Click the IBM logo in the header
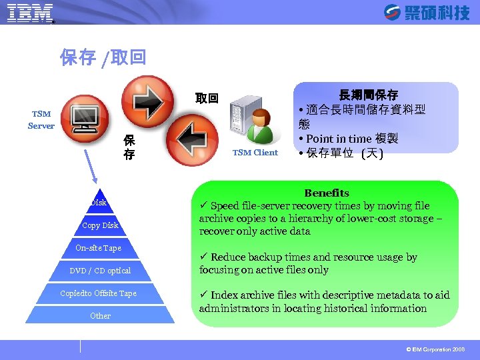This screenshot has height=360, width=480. click(30, 13)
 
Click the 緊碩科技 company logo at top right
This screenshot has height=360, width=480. click(427, 12)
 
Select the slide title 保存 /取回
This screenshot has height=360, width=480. click(103, 58)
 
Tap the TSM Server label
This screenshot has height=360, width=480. click(41, 120)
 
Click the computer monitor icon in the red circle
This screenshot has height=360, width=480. click(87, 119)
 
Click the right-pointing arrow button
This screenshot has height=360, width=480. click(152, 99)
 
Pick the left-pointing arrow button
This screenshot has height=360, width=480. click(189, 139)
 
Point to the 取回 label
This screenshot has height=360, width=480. click(207, 99)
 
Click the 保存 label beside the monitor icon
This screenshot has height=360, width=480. click(129, 147)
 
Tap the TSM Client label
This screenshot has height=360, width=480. click(255, 153)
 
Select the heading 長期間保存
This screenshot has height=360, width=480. click(368, 95)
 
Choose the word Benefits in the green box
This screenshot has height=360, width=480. click(327, 193)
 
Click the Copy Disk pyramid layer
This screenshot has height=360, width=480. click(100, 225)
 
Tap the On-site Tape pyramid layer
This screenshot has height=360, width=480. click(99, 248)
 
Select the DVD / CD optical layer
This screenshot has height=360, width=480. click(100, 271)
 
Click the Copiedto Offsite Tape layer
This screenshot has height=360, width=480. click(98, 293)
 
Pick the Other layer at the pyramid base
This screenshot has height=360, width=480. click(100, 315)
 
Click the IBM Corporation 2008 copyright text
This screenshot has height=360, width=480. click(435, 349)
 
